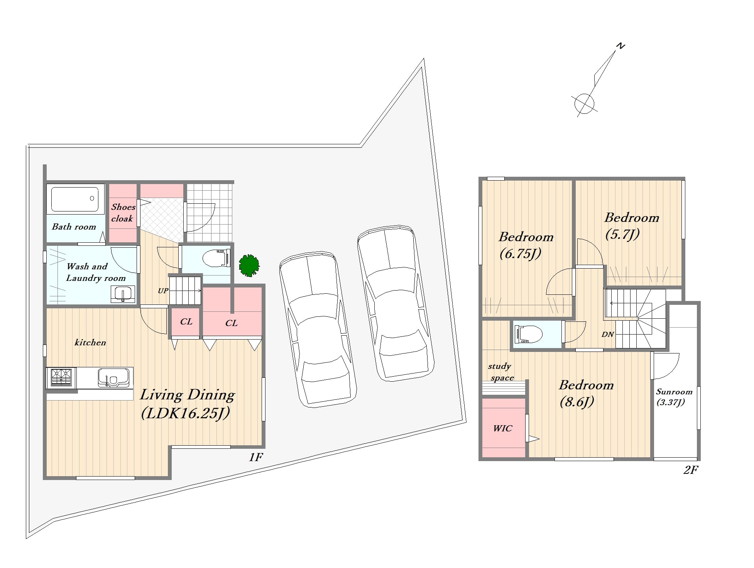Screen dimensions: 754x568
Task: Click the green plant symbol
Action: [249, 265]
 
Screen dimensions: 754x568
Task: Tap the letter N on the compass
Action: [620, 46]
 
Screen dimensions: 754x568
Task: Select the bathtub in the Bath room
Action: [75, 199]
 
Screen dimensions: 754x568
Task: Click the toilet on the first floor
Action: [216, 258]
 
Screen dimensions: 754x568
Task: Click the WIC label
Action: [502, 428]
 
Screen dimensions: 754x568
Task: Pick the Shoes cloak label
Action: [123, 213]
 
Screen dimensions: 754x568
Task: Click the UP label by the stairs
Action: [163, 291]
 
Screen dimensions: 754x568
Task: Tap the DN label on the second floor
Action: [607, 335]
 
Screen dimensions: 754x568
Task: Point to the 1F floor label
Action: [256, 457]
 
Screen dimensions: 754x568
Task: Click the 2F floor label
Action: [691, 470]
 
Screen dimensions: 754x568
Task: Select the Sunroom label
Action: [674, 392]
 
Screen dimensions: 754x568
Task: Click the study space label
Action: [500, 372]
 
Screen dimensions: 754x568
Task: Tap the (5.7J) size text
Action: [622, 234]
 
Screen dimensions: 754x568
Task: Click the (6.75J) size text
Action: [521, 254]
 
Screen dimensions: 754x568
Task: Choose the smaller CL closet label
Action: [186, 321]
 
